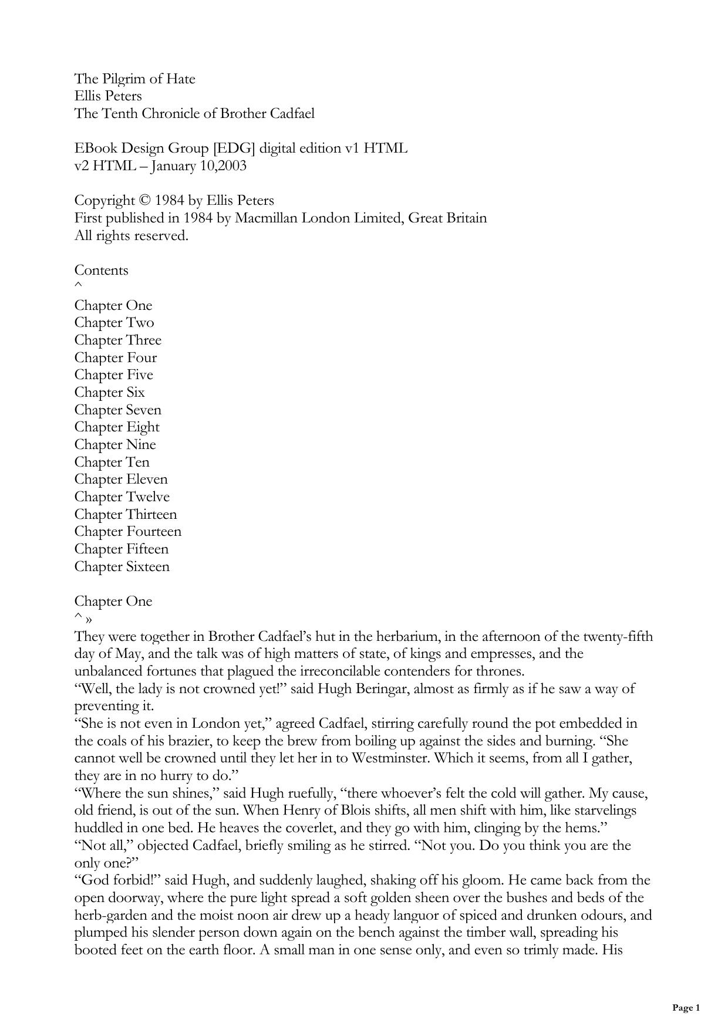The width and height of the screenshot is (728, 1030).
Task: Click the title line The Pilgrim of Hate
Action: tap(134, 79)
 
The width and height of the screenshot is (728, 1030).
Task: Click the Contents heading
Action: tap(101, 270)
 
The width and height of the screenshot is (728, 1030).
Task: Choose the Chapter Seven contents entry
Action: tap(117, 410)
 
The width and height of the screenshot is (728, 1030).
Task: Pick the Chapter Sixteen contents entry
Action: tap(122, 566)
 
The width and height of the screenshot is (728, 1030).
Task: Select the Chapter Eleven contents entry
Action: tap(120, 479)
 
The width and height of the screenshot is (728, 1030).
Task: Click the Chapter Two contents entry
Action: tap(114, 322)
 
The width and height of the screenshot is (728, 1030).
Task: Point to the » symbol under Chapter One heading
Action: tap(89, 620)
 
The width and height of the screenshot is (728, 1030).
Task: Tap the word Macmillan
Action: tap(262, 218)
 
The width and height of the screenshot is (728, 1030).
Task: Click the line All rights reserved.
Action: tap(131, 236)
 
